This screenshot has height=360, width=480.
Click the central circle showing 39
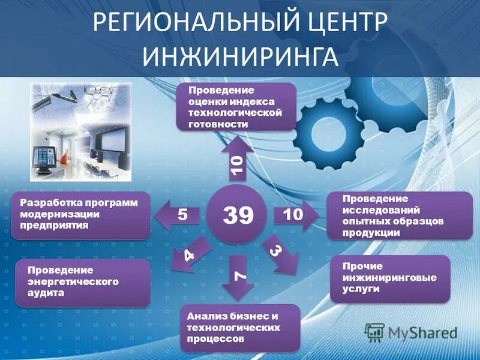(238, 214)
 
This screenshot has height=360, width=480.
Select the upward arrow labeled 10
(237, 159)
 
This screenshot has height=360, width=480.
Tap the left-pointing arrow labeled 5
(178, 214)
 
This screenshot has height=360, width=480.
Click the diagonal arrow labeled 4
(190, 254)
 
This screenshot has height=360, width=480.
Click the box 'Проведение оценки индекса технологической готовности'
(236, 107)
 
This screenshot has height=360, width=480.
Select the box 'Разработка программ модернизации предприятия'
(80, 214)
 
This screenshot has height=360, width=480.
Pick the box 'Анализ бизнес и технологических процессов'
(239, 327)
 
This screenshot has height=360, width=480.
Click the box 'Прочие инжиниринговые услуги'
(389, 277)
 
